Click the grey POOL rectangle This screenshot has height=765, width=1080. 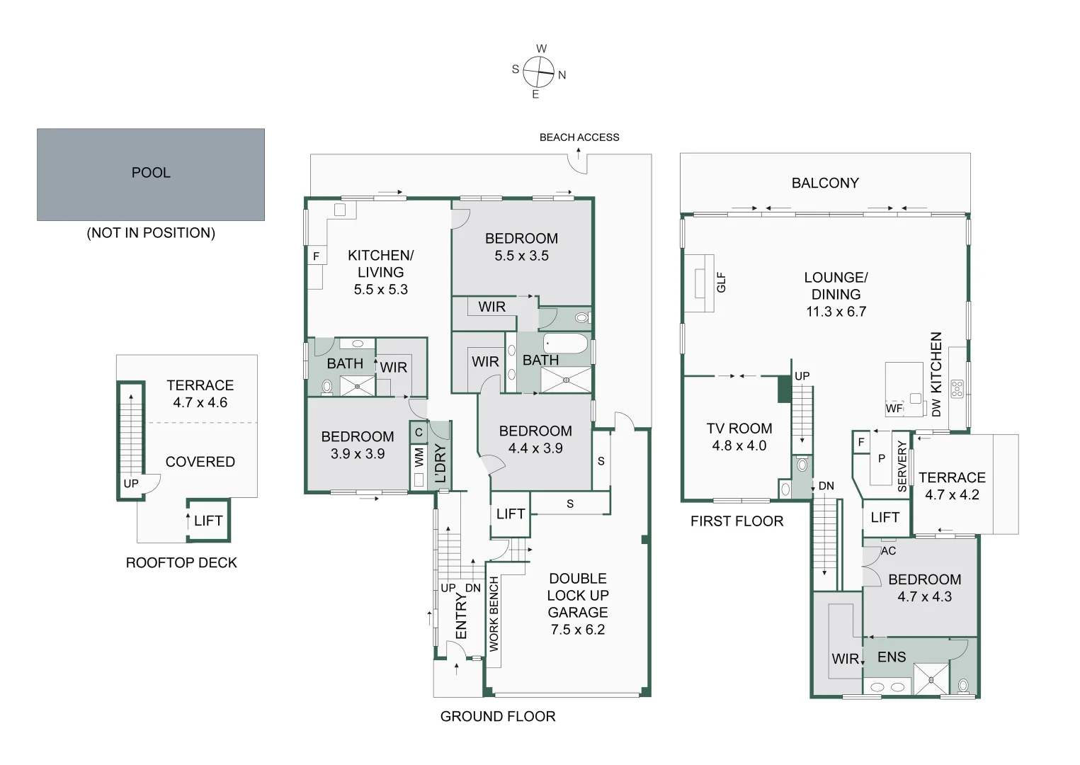tap(151, 174)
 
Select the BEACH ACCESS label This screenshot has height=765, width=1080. tap(579, 137)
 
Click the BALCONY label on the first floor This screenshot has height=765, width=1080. tap(825, 183)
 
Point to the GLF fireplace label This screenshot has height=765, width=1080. tap(721, 283)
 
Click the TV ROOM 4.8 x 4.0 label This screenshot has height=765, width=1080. tap(739, 437)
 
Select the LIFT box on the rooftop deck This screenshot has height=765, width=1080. tap(208, 521)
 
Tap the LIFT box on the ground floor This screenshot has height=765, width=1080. tap(510, 514)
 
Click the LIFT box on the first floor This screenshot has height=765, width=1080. tap(885, 518)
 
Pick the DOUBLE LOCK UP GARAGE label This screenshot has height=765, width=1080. tap(578, 603)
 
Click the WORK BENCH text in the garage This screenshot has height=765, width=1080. tap(494, 613)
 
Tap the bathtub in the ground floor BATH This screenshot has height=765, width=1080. tap(566, 344)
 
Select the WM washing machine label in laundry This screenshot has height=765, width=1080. tap(419, 457)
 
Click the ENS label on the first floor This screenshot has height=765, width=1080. tap(891, 657)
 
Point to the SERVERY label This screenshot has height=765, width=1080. tap(902, 466)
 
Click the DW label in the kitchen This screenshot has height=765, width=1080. tap(936, 407)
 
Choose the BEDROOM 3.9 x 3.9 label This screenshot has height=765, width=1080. tap(357, 445)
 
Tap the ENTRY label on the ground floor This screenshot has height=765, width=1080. tap(461, 617)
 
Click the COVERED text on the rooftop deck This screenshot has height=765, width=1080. tap(200, 462)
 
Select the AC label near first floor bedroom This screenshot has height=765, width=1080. tap(888, 550)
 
